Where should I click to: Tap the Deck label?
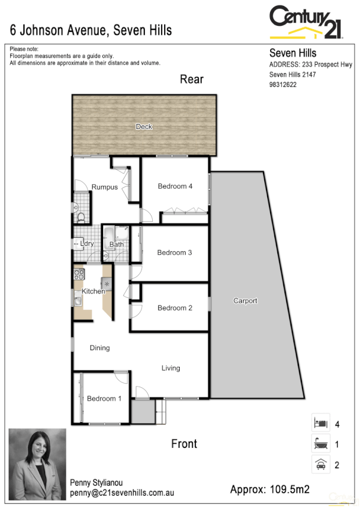144,127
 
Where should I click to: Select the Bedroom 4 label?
175,186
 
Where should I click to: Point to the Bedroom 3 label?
174,253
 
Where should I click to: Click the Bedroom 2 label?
174,308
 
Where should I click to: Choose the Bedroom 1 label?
104,399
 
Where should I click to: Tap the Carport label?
245,301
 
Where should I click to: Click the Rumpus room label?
104,188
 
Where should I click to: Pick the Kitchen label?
93,291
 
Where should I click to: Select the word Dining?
99,348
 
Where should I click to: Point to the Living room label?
171,368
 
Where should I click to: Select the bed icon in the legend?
320,424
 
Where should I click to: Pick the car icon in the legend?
320,464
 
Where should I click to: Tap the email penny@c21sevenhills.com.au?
122,493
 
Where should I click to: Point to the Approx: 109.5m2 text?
270,490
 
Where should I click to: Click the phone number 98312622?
283,85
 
